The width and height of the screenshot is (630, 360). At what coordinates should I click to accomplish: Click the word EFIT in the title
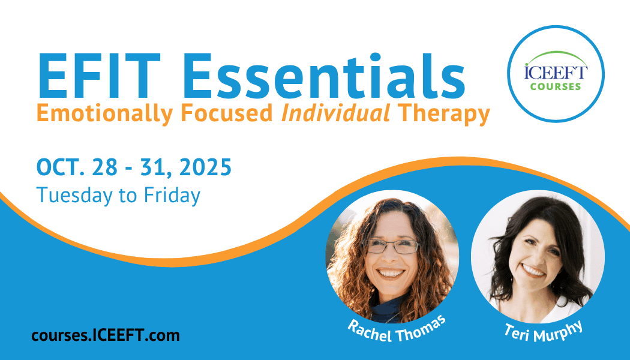pos(99,76)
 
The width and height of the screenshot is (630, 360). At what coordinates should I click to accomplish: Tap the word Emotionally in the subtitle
pos(104,114)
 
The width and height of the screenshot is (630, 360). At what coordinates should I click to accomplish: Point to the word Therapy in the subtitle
pos(443,114)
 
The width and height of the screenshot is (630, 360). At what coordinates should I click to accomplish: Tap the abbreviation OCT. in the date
pos(60,167)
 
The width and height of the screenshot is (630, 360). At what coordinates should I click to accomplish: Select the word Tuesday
pos(74,196)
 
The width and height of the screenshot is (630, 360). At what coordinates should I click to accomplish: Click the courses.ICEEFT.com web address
pos(106,335)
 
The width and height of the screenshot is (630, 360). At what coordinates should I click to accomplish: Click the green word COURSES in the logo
pos(556,86)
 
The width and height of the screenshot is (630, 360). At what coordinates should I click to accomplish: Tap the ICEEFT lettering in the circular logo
pos(556,73)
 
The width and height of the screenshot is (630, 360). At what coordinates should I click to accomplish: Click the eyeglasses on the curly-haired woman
pos(392,246)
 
